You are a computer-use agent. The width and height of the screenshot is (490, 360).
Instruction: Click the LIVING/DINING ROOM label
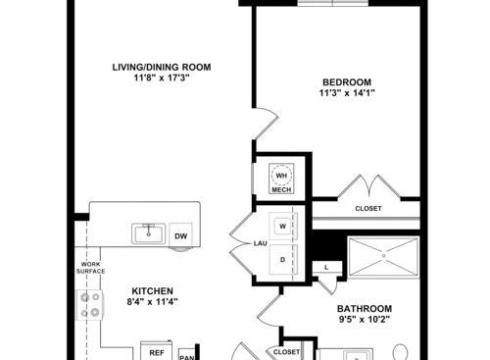[x=161, y=68]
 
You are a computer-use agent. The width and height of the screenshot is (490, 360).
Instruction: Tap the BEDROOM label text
[x=347, y=81]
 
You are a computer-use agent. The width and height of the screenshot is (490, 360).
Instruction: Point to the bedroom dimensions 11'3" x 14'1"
[x=347, y=94]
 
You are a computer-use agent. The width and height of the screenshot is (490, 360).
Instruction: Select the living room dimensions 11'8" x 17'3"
[x=161, y=79]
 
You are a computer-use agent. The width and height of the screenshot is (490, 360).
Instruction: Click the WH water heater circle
[x=282, y=176]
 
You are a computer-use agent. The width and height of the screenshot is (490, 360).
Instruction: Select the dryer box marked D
[x=282, y=259]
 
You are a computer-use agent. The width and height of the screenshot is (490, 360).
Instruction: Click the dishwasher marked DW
[x=181, y=235]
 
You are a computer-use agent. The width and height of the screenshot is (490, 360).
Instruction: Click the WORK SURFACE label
[x=89, y=270]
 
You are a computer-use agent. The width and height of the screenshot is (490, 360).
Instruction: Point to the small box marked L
[x=325, y=267]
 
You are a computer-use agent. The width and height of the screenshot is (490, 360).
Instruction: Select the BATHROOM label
[x=365, y=307]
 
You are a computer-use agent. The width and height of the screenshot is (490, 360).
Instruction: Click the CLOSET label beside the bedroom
[x=368, y=209]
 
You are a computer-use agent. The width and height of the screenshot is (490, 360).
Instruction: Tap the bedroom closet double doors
[x=368, y=186]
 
